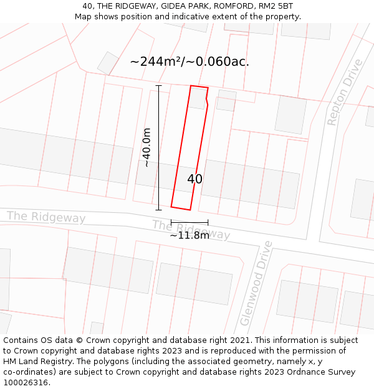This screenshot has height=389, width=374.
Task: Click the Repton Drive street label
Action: (x=343, y=92)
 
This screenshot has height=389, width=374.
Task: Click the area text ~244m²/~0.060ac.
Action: (x=189, y=61)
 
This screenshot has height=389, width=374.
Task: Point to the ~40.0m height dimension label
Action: (x=146, y=148)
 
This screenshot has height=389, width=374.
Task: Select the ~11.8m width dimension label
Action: (x=189, y=235)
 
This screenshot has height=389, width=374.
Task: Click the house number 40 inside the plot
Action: (x=194, y=179)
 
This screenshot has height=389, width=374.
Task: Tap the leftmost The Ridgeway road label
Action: (x=46, y=217)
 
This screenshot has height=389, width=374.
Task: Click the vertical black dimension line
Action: (x=159, y=148)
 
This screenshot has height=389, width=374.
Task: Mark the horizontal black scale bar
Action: (x=189, y=222)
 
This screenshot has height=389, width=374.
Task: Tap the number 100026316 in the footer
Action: (x=26, y=383)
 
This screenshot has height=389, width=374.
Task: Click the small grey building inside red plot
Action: (x=198, y=98)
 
